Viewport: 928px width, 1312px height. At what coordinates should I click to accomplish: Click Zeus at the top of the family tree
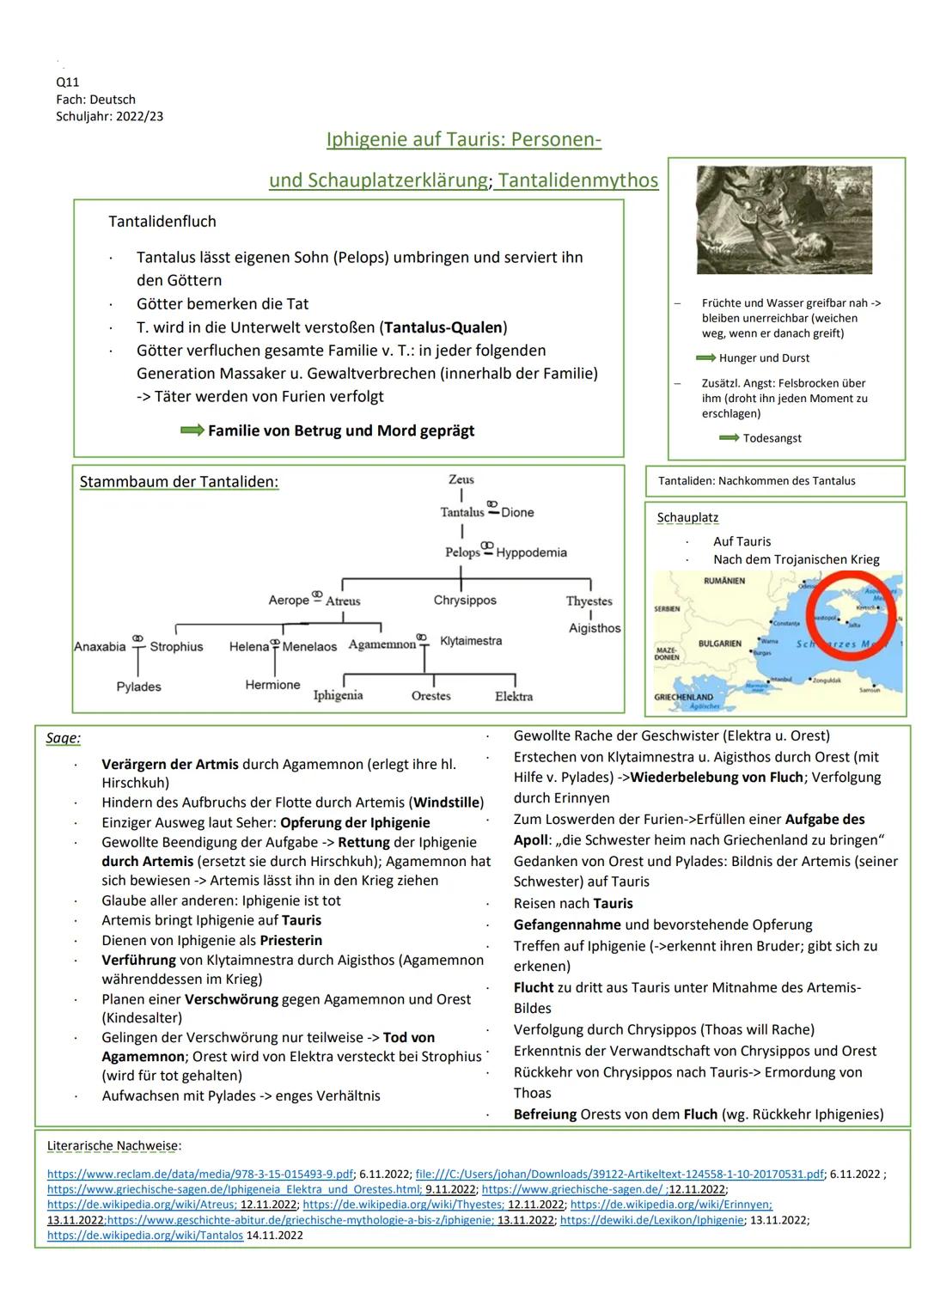461,479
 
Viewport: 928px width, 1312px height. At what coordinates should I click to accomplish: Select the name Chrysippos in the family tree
465,601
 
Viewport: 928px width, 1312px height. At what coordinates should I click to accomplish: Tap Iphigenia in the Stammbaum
338,695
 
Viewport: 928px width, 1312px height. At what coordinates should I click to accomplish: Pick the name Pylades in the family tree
139,687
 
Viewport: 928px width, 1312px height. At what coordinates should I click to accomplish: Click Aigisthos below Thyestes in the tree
594,628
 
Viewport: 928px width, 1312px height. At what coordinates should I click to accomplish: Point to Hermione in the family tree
272,685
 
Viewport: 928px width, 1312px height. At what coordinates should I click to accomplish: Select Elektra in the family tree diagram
514,696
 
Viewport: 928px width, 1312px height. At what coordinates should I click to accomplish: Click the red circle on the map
851,615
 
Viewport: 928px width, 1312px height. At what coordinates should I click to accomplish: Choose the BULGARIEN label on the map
719,643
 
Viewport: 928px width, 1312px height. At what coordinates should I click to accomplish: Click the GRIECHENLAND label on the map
683,697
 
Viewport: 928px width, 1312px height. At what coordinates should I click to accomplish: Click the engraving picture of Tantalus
784,220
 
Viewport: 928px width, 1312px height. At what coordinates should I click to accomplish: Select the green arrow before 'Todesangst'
729,438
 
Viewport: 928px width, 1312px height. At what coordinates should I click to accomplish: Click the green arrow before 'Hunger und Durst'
705,357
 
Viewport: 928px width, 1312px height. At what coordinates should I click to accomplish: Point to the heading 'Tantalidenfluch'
162,222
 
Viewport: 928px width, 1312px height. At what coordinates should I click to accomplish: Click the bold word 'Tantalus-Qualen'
444,327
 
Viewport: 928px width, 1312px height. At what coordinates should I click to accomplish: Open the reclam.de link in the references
200,1174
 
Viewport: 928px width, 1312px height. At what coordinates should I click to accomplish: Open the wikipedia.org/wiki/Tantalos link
145,1236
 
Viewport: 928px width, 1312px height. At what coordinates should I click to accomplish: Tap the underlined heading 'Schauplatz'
687,518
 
